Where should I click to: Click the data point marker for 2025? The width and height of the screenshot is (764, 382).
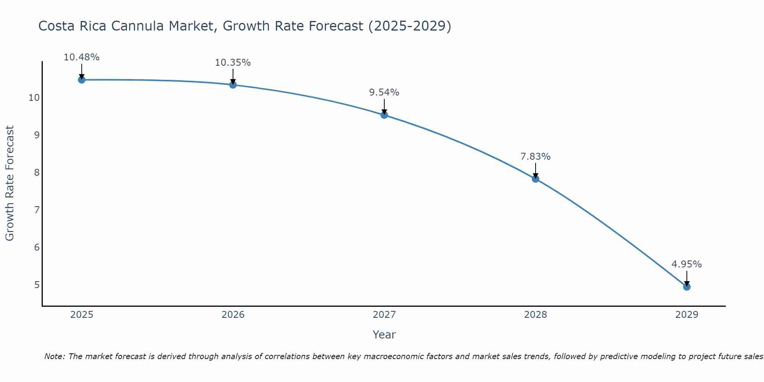[x=81, y=79]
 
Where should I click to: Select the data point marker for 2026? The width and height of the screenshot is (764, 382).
[x=233, y=84]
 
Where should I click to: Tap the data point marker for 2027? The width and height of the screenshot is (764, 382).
[x=384, y=115]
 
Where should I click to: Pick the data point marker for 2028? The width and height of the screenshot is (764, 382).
[x=536, y=179]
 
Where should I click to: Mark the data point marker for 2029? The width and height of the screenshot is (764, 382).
[x=687, y=286]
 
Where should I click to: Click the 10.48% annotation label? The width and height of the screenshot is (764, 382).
[x=81, y=57]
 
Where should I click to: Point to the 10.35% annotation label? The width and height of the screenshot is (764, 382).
[x=233, y=63]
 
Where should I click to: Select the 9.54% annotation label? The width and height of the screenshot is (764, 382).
[x=384, y=92]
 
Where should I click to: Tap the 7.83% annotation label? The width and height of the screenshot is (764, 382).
[x=535, y=157]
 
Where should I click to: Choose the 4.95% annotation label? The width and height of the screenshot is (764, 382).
[x=686, y=264]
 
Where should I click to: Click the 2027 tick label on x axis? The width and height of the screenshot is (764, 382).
[x=384, y=315]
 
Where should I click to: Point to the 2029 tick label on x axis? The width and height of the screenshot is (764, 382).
[x=687, y=315]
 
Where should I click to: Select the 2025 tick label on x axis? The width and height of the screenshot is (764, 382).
[x=82, y=315]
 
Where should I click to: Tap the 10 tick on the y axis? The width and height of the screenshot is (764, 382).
[x=34, y=98]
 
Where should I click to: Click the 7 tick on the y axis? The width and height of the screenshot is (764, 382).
[x=37, y=210]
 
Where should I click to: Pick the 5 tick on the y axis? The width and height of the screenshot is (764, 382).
[x=37, y=285]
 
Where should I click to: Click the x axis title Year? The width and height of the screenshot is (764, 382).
[x=384, y=335]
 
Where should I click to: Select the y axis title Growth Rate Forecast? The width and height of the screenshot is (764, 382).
[x=10, y=183]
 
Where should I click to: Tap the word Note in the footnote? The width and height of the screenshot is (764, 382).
[x=54, y=357]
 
